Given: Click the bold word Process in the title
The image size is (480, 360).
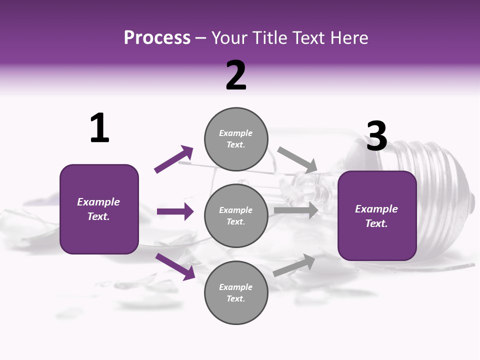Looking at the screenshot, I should point(157,37).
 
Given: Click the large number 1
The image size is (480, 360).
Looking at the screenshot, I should point(99,128).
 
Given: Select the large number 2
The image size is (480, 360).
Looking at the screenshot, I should point(236,75).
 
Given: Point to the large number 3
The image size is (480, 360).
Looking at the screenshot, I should point(376,136).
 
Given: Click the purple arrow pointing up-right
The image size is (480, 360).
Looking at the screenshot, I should point(174,159).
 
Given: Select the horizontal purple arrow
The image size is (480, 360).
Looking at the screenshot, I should point(175,211).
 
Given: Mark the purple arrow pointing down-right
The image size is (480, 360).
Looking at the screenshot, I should point(175,266).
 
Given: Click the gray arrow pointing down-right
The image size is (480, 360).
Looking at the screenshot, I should point(297,159).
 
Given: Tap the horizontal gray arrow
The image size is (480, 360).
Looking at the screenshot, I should point(296,210).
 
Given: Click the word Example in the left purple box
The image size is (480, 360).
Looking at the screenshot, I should point(98,202).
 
